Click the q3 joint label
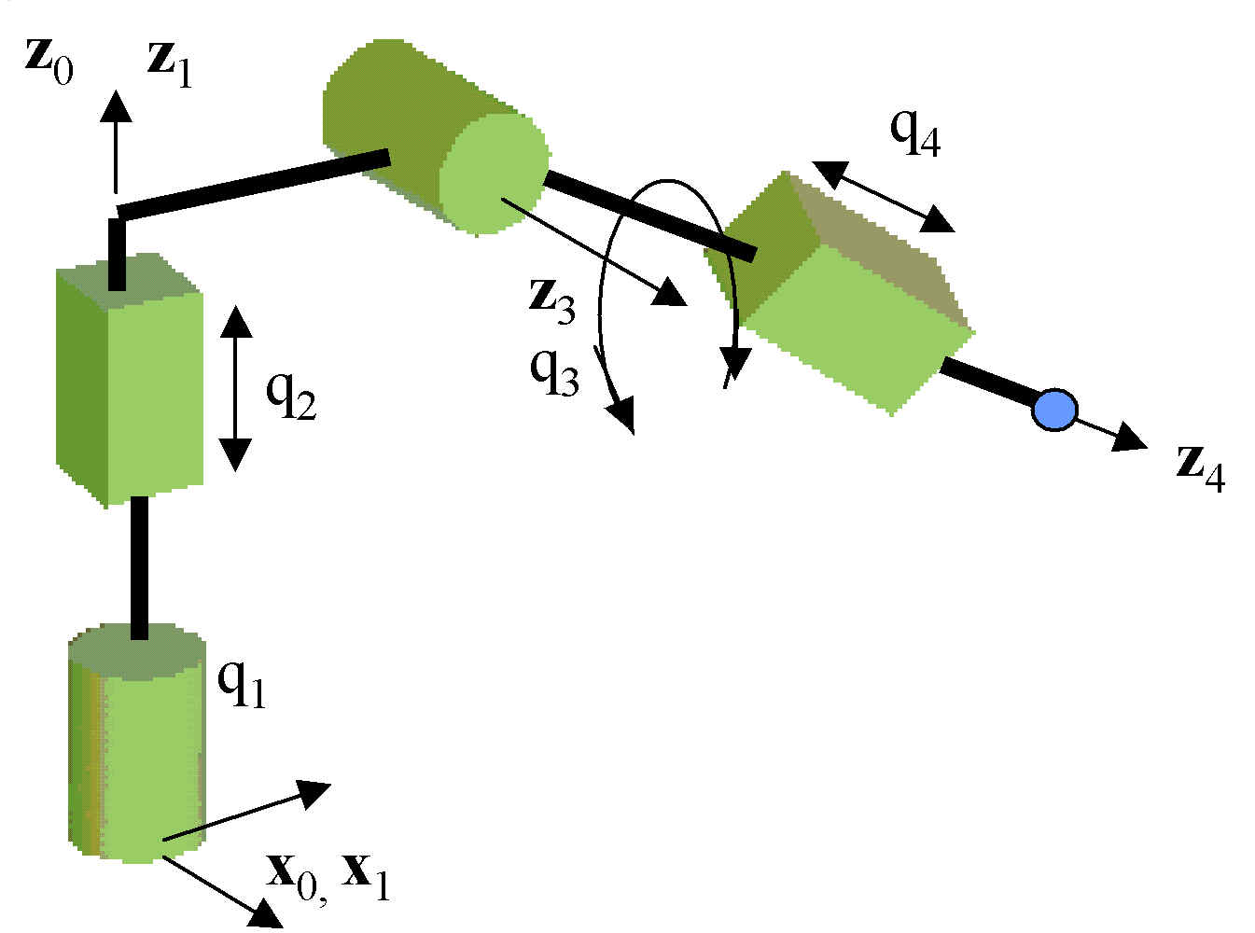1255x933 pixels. click(554, 369)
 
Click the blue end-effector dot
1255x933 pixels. click(1054, 410)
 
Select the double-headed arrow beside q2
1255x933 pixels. click(235, 387)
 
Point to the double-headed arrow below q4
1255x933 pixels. click(883, 197)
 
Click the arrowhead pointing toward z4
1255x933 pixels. click(1131, 438)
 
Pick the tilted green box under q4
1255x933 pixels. click(844, 294)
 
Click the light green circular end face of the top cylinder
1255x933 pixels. click(493, 173)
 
